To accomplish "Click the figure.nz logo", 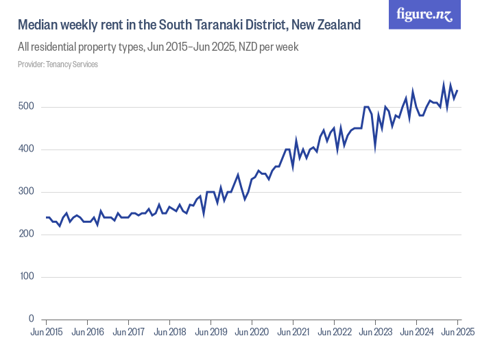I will pyautogui.click(x=424, y=15).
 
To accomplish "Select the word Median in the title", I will pyautogui.click(x=38, y=25).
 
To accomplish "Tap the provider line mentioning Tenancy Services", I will pyautogui.click(x=58, y=64).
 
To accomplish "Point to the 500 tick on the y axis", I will pyautogui.click(x=26, y=107).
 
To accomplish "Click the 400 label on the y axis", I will pyautogui.click(x=26, y=149).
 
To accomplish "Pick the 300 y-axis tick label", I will pyautogui.click(x=26, y=192).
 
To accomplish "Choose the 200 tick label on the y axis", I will pyautogui.click(x=26, y=235).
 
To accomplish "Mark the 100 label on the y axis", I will pyautogui.click(x=26, y=277).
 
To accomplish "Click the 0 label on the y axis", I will pyautogui.click(x=31, y=320).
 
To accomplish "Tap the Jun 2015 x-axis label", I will pyautogui.click(x=46, y=333).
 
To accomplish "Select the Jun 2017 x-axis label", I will pyautogui.click(x=128, y=333).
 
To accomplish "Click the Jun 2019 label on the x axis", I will pyautogui.click(x=211, y=333).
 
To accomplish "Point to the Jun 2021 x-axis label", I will pyautogui.click(x=293, y=333).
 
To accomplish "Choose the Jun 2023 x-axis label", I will pyautogui.click(x=375, y=333).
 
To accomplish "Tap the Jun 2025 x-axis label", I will pyautogui.click(x=457, y=333).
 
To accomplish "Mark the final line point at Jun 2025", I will pyautogui.click(x=457, y=91).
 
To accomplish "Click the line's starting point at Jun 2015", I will pyautogui.click(x=46, y=217).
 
